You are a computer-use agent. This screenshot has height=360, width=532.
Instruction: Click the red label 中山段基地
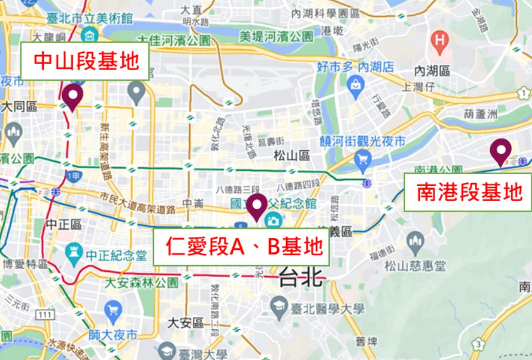pos(85,61)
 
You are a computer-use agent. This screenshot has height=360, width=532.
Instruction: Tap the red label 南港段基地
pos(468,192)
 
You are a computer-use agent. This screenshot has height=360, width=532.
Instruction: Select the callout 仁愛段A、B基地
pos(241,247)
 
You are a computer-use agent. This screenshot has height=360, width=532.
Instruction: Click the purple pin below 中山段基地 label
pos(73,97)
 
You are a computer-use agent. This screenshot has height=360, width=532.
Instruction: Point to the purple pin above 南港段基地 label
pos(500,151)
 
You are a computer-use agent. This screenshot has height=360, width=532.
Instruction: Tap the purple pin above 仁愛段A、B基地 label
pos(257,207)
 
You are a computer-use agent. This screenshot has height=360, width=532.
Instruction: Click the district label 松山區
pos(292,156)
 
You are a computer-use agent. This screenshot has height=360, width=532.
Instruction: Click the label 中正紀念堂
pos(116,255)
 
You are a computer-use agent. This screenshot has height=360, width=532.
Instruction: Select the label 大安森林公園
pos(141,283)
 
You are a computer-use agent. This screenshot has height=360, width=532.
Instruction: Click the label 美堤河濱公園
pos(276,36)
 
